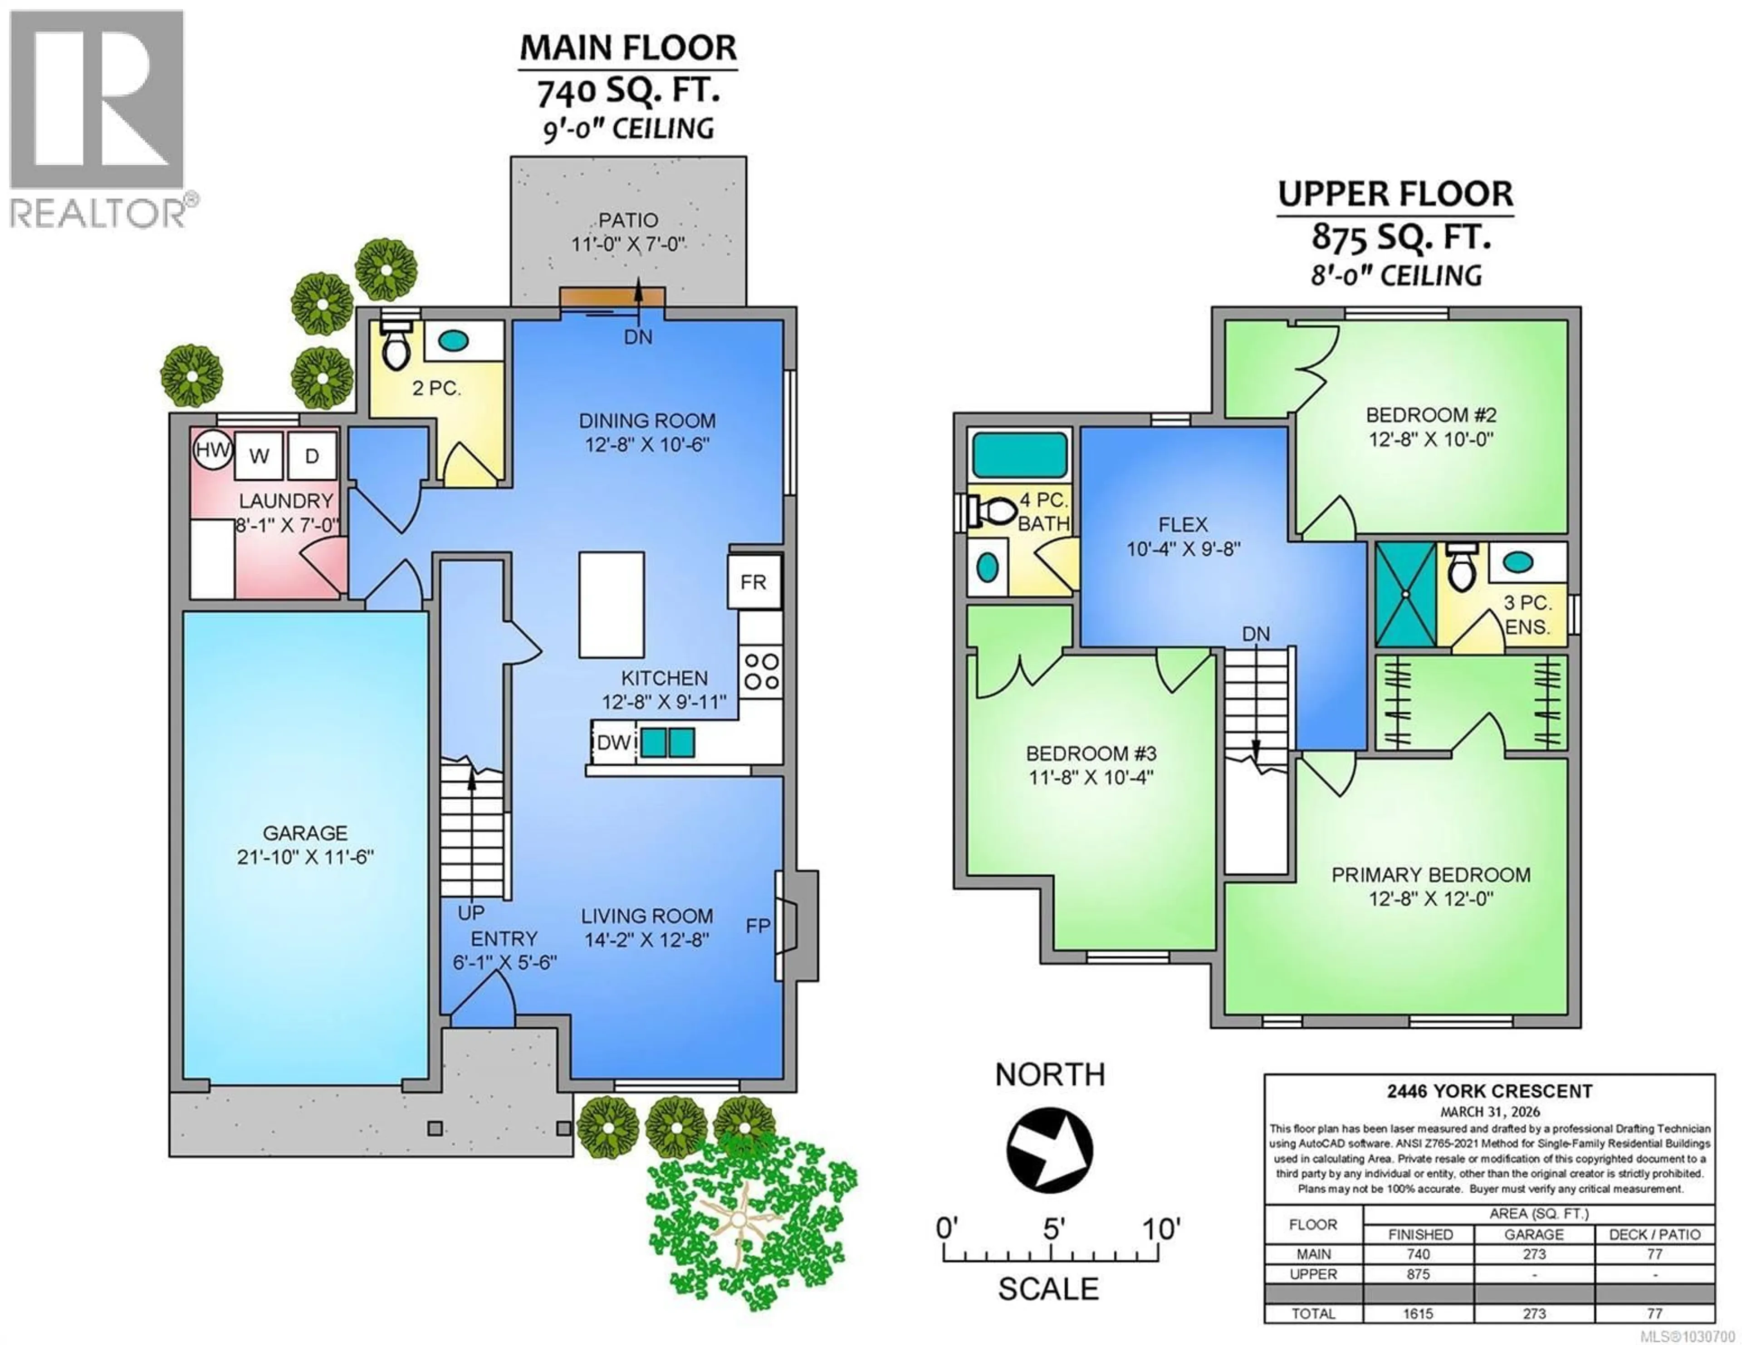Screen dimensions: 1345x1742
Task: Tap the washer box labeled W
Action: (x=259, y=456)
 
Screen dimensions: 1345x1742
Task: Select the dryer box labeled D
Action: (x=312, y=456)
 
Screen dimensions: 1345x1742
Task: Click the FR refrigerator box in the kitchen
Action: (x=753, y=582)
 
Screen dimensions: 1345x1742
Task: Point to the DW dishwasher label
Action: (x=613, y=742)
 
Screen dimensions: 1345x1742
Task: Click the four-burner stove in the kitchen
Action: (x=761, y=671)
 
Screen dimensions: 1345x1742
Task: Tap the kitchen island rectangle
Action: (x=611, y=604)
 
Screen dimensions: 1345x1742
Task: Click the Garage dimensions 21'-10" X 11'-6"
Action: (x=305, y=858)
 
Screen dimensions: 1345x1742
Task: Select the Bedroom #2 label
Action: (x=1431, y=415)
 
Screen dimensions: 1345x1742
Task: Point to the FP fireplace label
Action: (x=758, y=926)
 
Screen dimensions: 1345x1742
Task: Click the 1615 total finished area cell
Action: (x=1418, y=1314)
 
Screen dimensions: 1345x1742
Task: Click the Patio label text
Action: (x=628, y=220)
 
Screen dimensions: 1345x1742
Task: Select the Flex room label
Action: (x=1183, y=524)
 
